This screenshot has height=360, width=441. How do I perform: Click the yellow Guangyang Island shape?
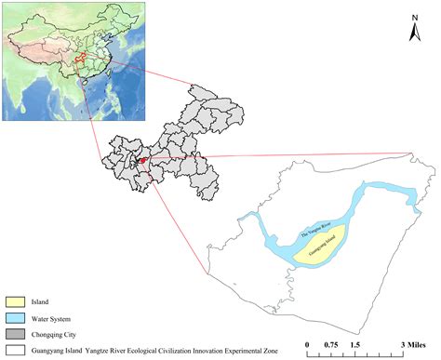321,244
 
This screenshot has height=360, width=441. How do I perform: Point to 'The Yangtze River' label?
304,225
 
